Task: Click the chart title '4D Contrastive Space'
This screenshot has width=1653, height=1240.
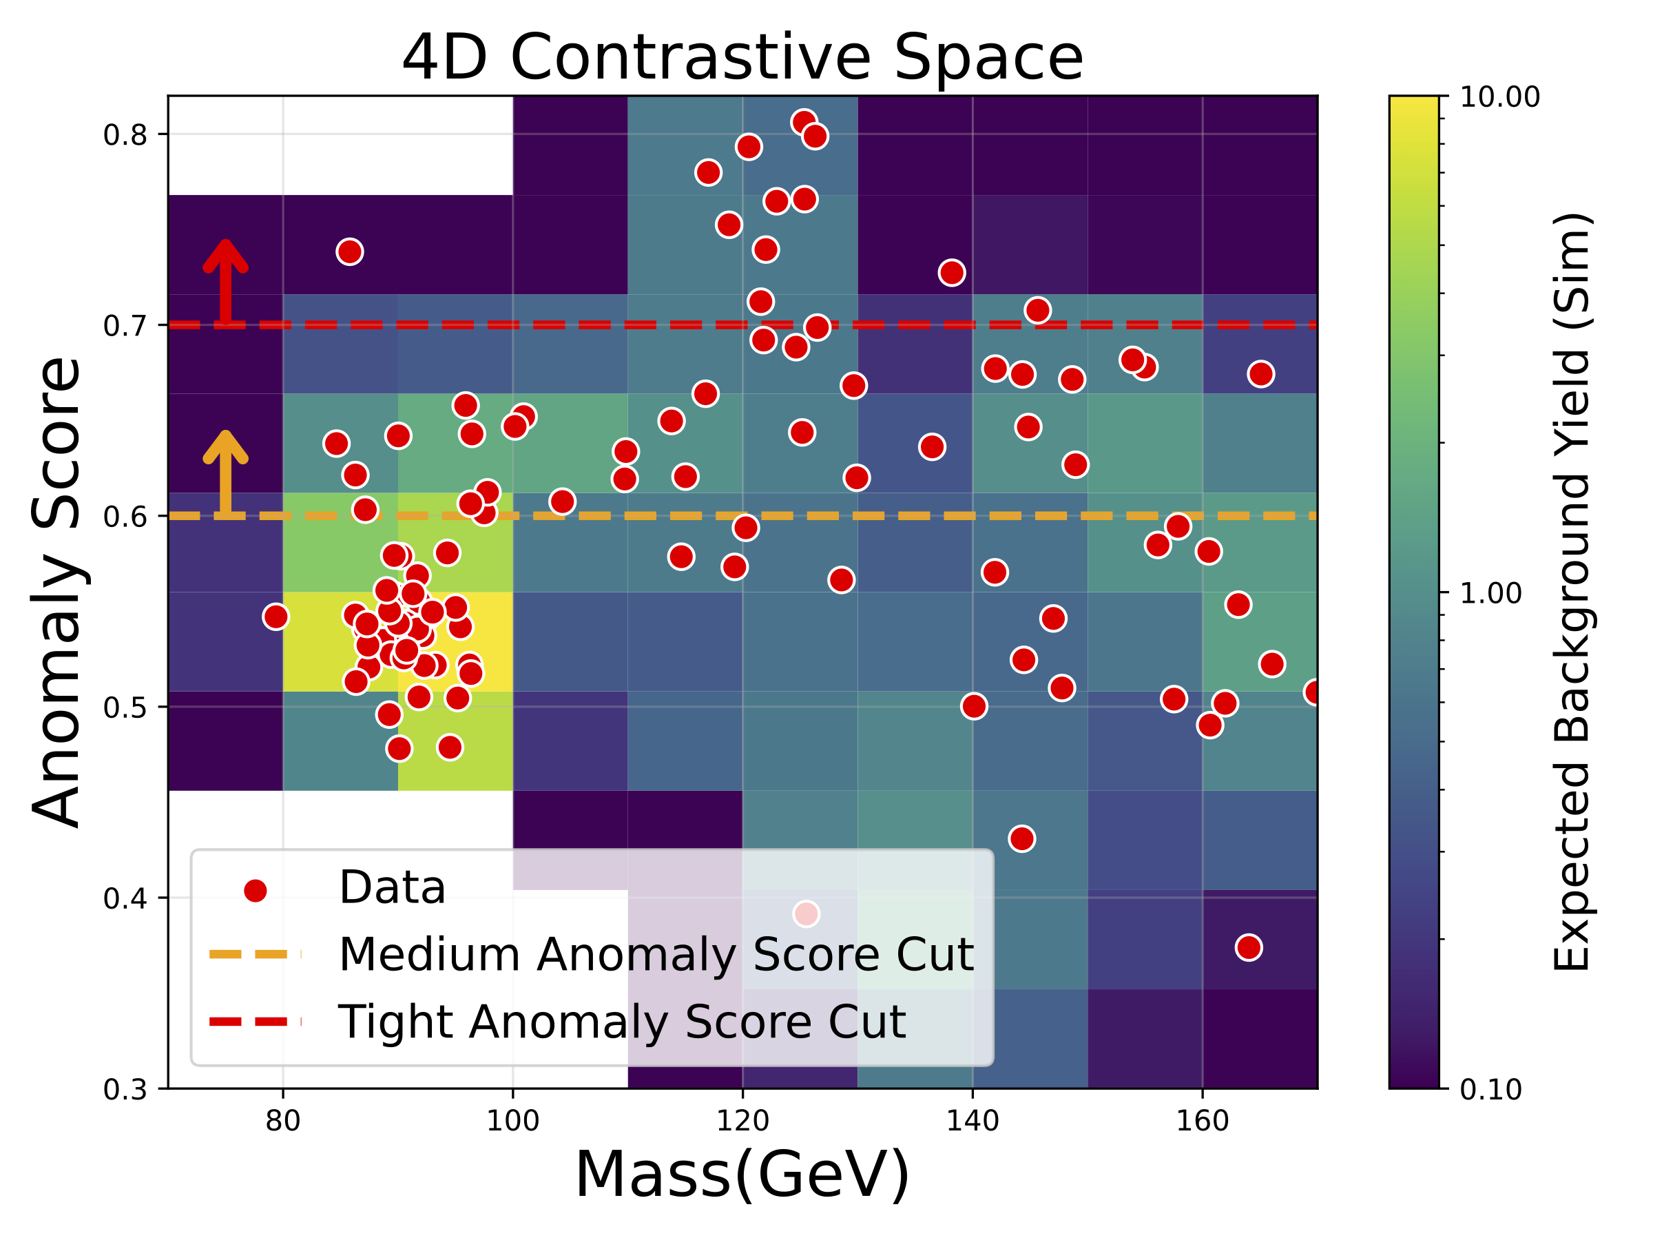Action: pos(742,59)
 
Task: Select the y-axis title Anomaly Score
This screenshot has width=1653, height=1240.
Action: pos(56,592)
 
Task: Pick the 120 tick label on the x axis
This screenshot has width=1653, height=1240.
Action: pos(742,1121)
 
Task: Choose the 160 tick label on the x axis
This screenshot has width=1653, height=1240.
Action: pos(1202,1121)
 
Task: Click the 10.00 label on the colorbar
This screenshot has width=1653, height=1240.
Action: pos(1499,97)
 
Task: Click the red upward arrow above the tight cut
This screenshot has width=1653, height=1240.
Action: pos(226,281)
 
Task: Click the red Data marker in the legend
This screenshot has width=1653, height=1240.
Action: pos(256,890)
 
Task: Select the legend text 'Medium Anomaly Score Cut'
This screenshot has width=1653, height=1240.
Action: pos(656,955)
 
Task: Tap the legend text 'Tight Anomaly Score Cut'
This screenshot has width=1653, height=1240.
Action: pos(622,1022)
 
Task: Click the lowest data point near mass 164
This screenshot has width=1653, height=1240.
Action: pos(1249,948)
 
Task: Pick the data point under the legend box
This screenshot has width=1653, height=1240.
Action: pos(807,913)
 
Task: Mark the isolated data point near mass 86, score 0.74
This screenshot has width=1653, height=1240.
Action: pos(350,252)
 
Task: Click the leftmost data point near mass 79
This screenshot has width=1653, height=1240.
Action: pos(275,617)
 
